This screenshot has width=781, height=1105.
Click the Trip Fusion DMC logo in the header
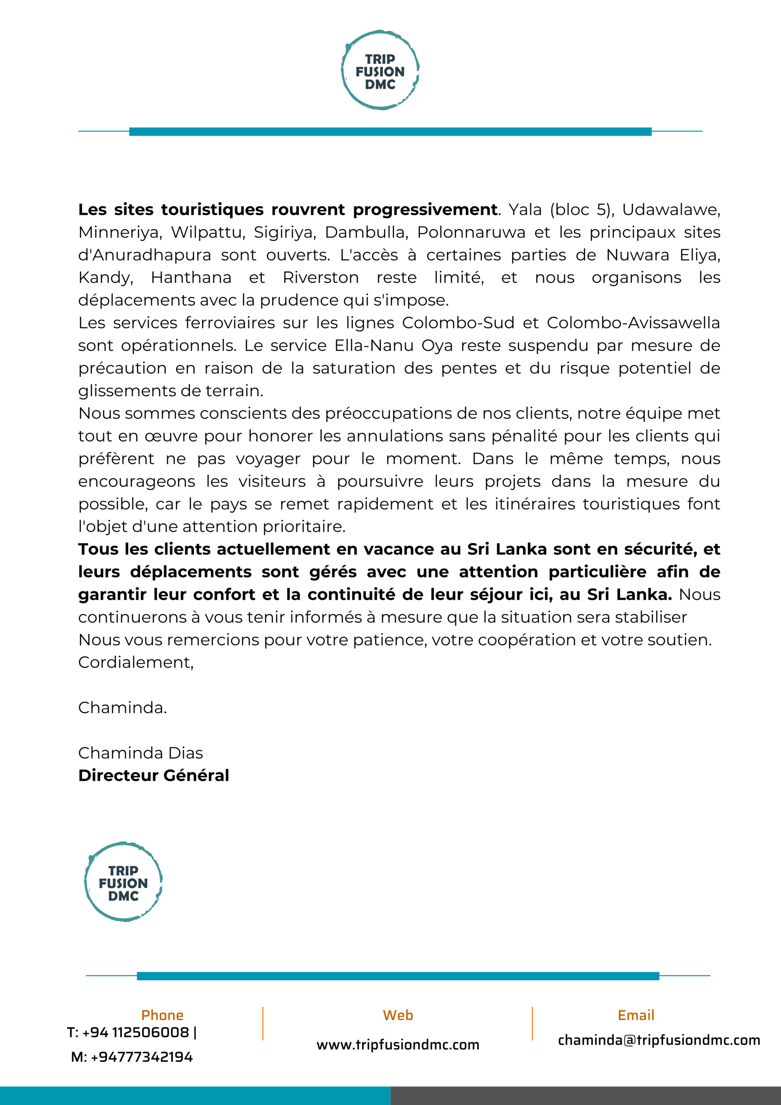coord(380,70)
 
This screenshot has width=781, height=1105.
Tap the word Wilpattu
coord(208,233)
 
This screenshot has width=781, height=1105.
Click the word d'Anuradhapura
coord(145,255)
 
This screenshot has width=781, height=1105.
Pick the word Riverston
coord(321,278)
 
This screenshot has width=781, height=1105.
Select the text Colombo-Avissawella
coord(633,323)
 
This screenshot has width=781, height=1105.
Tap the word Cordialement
coord(135,662)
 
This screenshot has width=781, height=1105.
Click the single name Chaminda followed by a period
coord(122,707)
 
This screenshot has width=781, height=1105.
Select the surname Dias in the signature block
coord(185,753)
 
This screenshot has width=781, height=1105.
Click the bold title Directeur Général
coord(154,775)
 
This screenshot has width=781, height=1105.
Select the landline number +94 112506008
coord(135,1032)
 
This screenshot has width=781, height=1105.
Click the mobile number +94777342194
coord(142,1057)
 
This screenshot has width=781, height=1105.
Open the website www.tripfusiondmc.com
coord(398,1045)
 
